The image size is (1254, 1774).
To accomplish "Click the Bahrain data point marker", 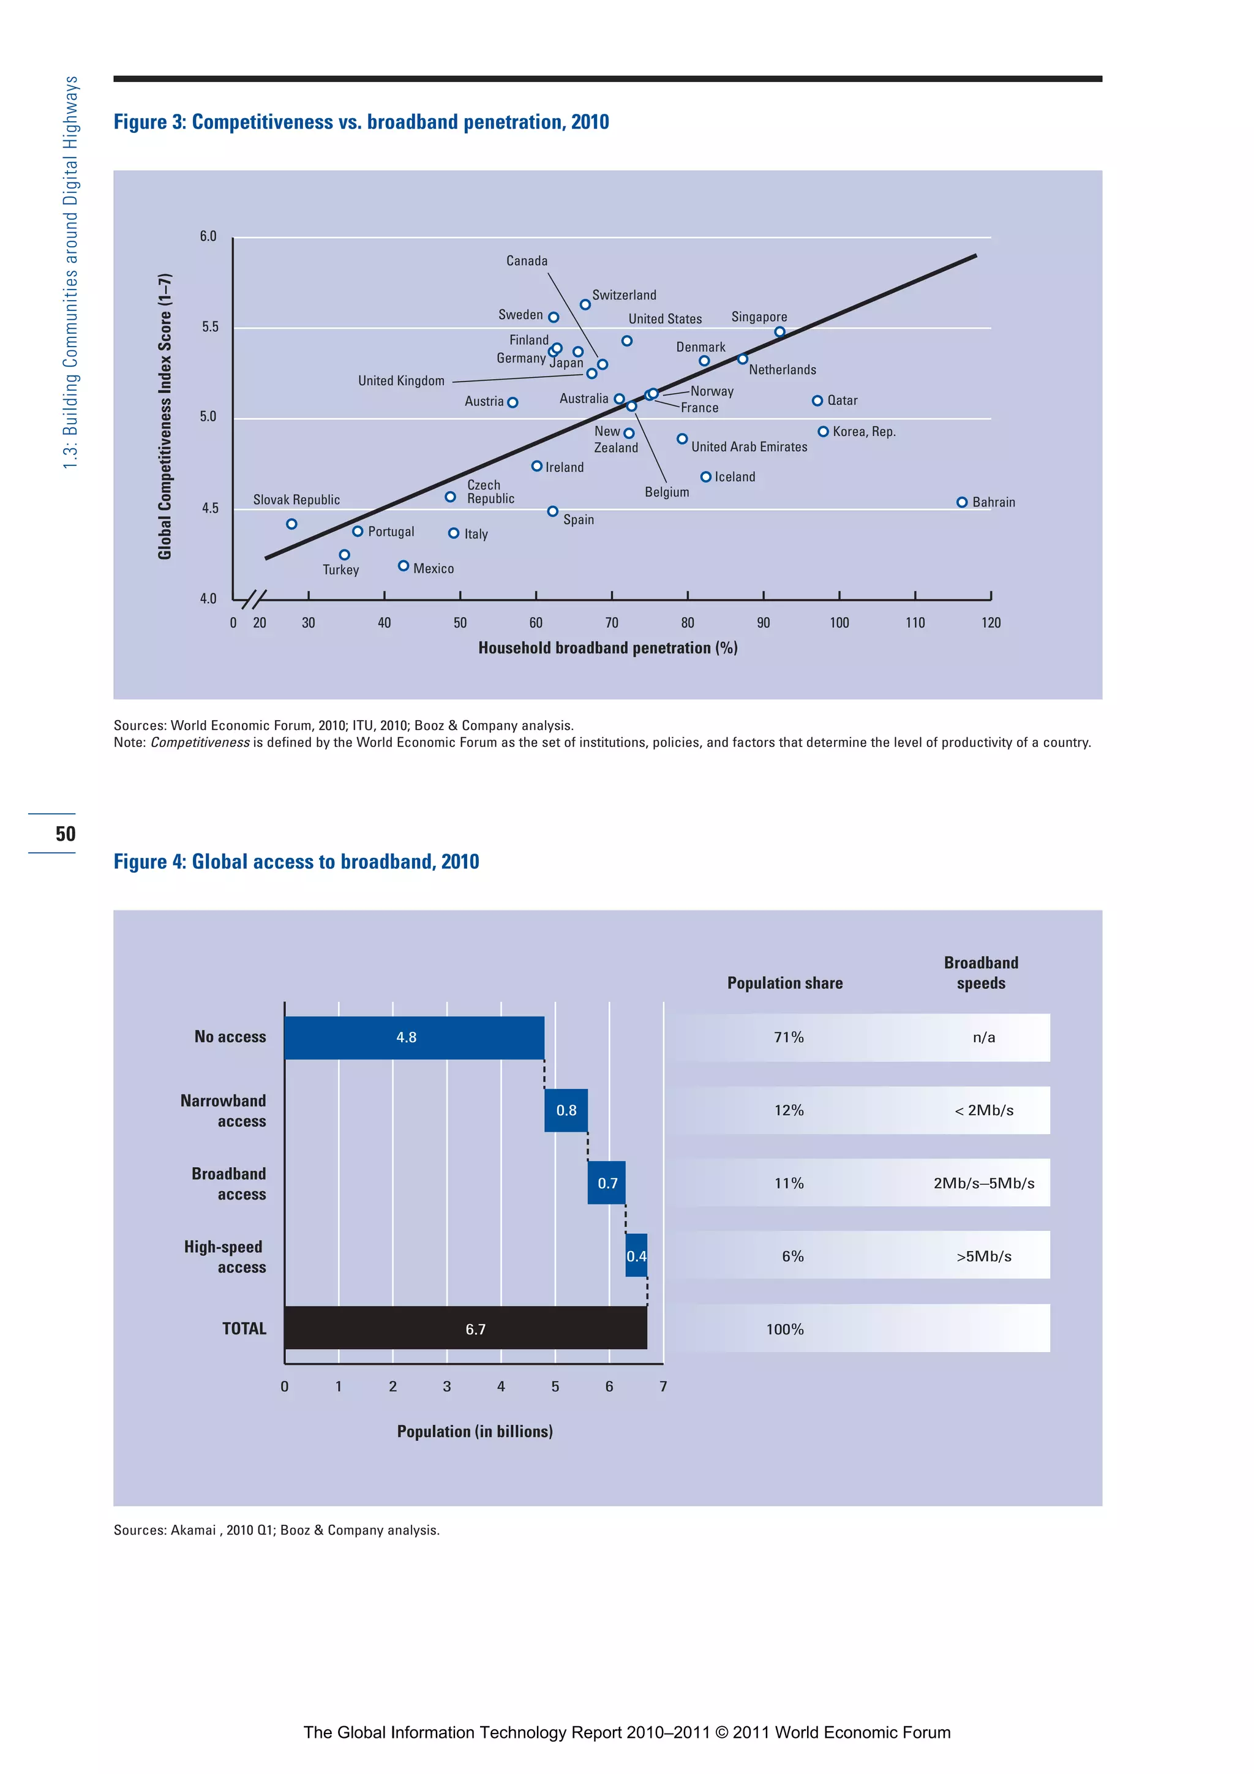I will tap(961, 502).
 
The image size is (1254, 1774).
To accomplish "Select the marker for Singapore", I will tap(779, 333).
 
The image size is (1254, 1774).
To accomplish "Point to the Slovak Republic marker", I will tap(291, 524).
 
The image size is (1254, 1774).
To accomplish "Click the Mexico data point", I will tap(404, 566).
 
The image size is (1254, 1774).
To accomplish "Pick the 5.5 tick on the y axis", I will tap(209, 327).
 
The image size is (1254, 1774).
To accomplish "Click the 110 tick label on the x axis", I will tap(915, 623).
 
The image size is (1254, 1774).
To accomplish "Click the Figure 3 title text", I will tap(361, 122).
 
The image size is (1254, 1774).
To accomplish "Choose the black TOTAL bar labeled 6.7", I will tap(465, 1328).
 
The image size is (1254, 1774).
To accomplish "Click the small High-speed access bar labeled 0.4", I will tap(636, 1255).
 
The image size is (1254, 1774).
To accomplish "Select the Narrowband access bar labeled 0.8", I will tap(566, 1110).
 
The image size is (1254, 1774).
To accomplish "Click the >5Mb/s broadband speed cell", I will tap(983, 1255).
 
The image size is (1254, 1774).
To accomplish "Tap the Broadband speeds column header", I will tap(980, 973).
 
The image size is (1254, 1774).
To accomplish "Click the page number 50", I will tap(66, 833).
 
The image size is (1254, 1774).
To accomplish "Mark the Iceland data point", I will tap(705, 477).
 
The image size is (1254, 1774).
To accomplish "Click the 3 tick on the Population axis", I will tap(446, 1387).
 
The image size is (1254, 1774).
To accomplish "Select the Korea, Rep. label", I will tap(864, 432).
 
